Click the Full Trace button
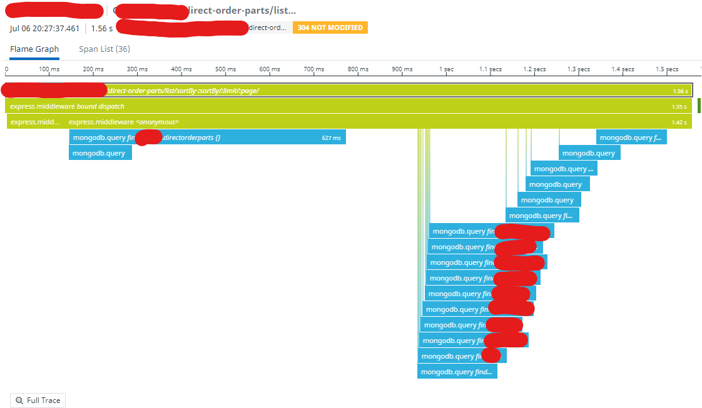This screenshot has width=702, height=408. click(38, 401)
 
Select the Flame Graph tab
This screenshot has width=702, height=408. click(34, 49)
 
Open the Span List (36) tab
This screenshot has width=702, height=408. click(104, 49)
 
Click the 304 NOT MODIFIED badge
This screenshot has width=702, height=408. click(330, 28)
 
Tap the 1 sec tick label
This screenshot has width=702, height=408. click(446, 69)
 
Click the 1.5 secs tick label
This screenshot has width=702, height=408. click(667, 69)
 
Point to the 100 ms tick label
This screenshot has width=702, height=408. click(49, 69)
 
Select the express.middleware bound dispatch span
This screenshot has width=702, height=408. click(67, 106)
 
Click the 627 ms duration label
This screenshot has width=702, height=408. click(331, 138)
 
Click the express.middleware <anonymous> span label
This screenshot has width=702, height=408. click(123, 122)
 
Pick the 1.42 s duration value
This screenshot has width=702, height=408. click(678, 122)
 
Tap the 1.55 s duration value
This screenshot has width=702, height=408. click(679, 107)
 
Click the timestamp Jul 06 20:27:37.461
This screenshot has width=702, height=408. click(45, 28)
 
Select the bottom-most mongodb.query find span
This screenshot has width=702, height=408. click(457, 372)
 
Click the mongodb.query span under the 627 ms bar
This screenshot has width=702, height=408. click(99, 154)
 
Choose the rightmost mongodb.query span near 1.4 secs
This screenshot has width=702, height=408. click(631, 138)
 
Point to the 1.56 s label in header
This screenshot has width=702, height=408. click(102, 28)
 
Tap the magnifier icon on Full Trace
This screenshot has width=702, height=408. click(20, 401)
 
